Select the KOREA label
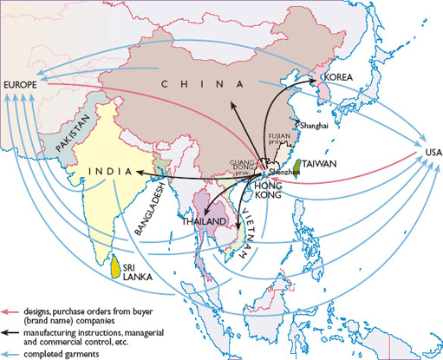(x=337, y=77)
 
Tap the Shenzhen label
(x=287, y=173)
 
